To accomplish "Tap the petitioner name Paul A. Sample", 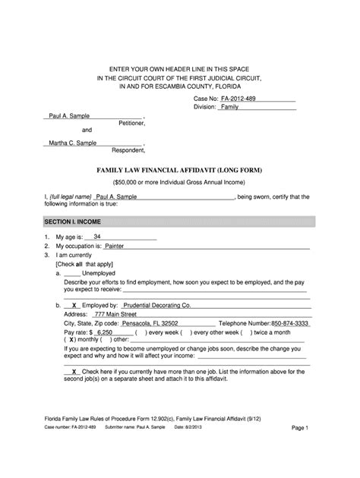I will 70,115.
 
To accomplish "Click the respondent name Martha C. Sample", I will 71,143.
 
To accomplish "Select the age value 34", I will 96,237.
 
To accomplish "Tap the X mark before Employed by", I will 74,304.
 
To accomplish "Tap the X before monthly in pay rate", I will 71,341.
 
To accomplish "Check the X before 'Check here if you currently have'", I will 74,371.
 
